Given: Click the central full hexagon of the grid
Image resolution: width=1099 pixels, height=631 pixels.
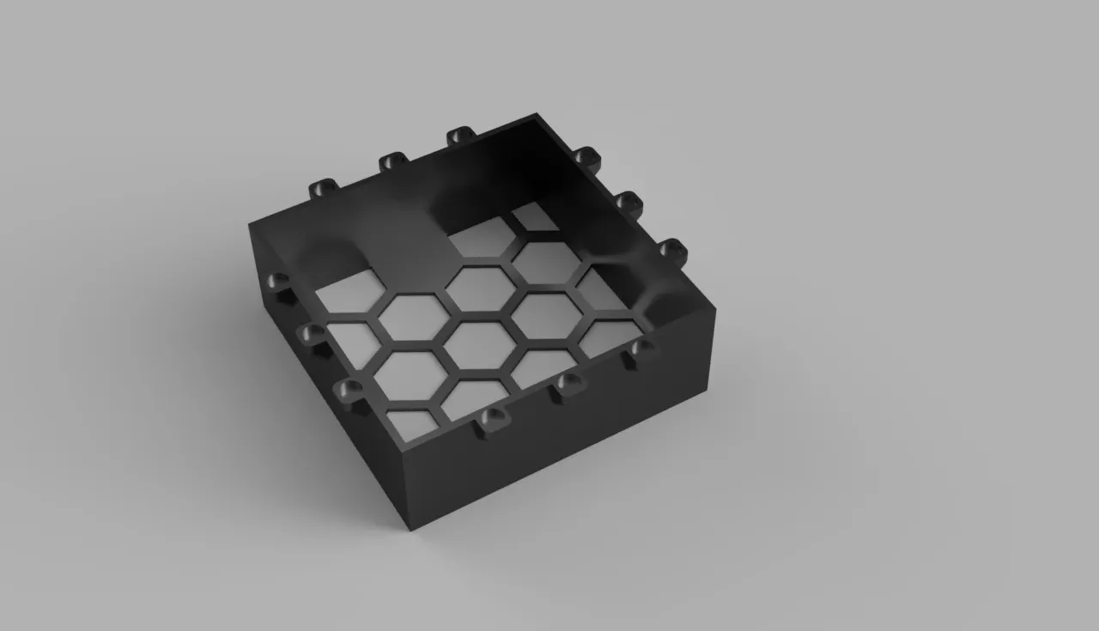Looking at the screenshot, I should point(480,344).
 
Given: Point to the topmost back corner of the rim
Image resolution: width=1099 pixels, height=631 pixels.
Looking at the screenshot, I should point(538,113).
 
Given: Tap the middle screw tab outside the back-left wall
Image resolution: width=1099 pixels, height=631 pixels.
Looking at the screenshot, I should point(392,161).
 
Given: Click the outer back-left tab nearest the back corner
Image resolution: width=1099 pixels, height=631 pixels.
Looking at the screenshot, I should point(460,136).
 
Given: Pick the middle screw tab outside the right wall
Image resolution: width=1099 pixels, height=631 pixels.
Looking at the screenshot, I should point(629,203).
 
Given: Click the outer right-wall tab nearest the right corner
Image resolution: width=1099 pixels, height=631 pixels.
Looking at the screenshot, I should point(672,251).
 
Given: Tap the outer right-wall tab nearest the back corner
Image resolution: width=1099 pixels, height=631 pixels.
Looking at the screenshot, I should point(586,157).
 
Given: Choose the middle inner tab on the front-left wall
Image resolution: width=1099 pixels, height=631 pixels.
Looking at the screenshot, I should point(311,333).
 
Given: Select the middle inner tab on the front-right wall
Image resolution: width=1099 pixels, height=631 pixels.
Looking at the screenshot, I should point(567,382).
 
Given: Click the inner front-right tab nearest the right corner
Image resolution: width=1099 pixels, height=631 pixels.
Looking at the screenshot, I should point(641,349).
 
